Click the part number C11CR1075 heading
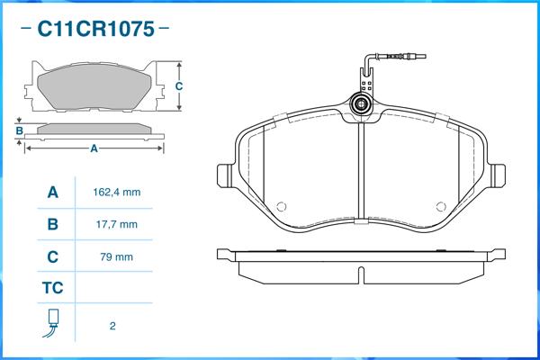[x=95, y=29]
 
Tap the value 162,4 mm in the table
[x=117, y=193]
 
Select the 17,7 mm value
[x=117, y=225]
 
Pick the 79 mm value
[x=116, y=257]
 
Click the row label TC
[x=53, y=288]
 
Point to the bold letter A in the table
[x=53, y=193]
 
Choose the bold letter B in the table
[x=53, y=224]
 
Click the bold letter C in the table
[x=53, y=257]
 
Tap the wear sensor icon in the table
[x=51, y=323]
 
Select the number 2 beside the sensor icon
[x=112, y=326]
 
